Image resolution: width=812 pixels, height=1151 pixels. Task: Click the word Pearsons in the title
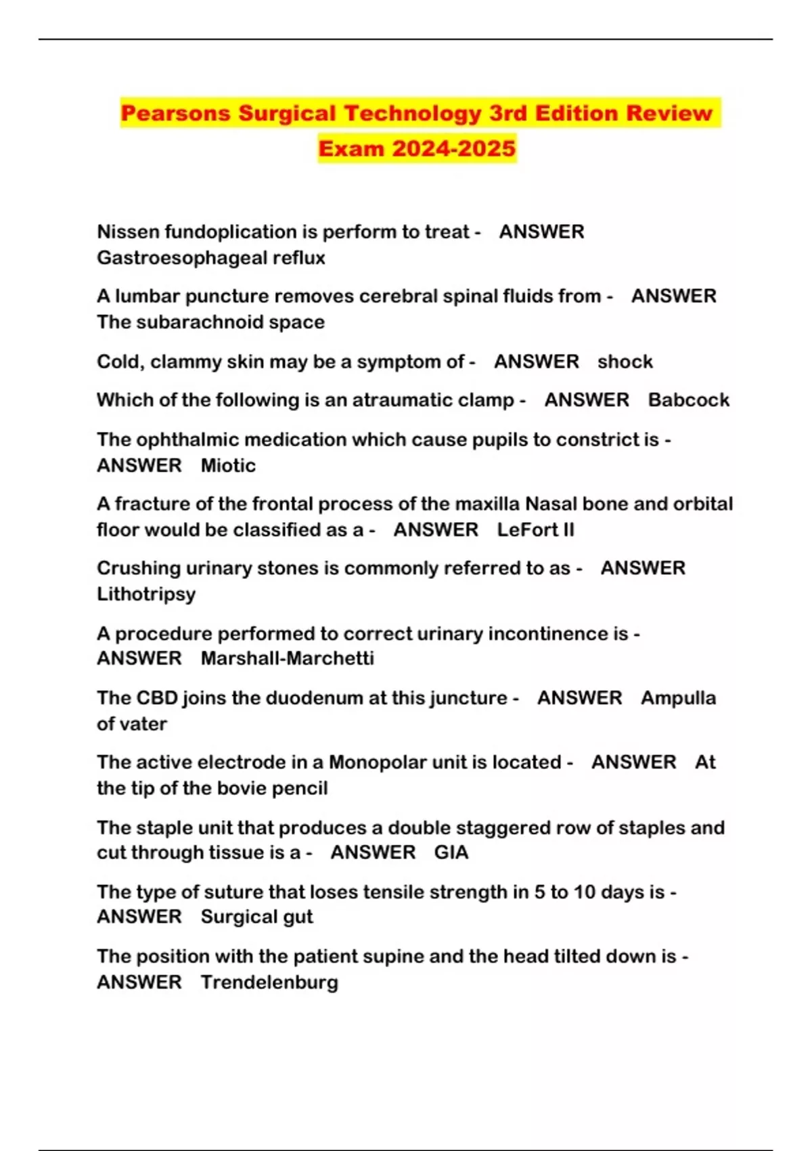coord(177,113)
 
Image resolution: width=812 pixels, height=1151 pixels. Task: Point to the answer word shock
coord(625,362)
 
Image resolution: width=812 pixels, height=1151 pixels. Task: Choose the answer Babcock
coord(688,400)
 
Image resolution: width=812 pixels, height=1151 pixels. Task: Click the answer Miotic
coord(228,466)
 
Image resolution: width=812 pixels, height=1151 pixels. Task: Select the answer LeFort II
coord(535,530)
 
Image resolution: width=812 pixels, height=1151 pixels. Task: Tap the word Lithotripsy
coord(146,594)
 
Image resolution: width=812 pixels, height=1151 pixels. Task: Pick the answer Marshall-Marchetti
coord(287,659)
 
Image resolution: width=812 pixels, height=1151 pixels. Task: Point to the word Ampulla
coord(678,698)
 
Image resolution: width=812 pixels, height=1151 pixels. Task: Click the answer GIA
coord(451,852)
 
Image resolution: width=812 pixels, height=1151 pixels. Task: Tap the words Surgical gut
coord(256,917)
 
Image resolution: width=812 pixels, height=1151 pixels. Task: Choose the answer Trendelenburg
coord(269,982)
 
